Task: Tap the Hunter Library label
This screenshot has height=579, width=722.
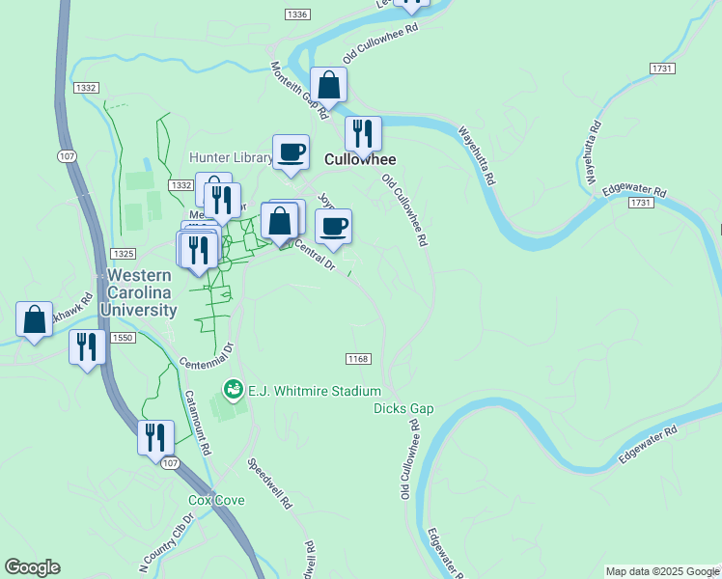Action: tap(232, 157)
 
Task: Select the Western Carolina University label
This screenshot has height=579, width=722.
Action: tap(136, 292)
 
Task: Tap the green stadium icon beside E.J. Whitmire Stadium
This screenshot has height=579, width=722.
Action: tap(233, 390)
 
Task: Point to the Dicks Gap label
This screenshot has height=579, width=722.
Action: tap(403, 408)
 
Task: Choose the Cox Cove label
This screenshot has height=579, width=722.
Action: tap(216, 500)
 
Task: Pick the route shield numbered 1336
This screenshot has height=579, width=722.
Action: tap(298, 14)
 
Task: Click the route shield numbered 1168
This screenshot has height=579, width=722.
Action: tap(357, 359)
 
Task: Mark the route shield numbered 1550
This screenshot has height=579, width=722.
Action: tap(123, 338)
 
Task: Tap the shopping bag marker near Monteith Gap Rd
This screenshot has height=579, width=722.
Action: tap(328, 85)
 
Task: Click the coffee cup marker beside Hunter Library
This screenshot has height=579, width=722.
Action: tap(291, 152)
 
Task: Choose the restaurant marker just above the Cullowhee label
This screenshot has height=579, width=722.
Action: tap(363, 134)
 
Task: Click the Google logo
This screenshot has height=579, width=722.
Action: tap(33, 567)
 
